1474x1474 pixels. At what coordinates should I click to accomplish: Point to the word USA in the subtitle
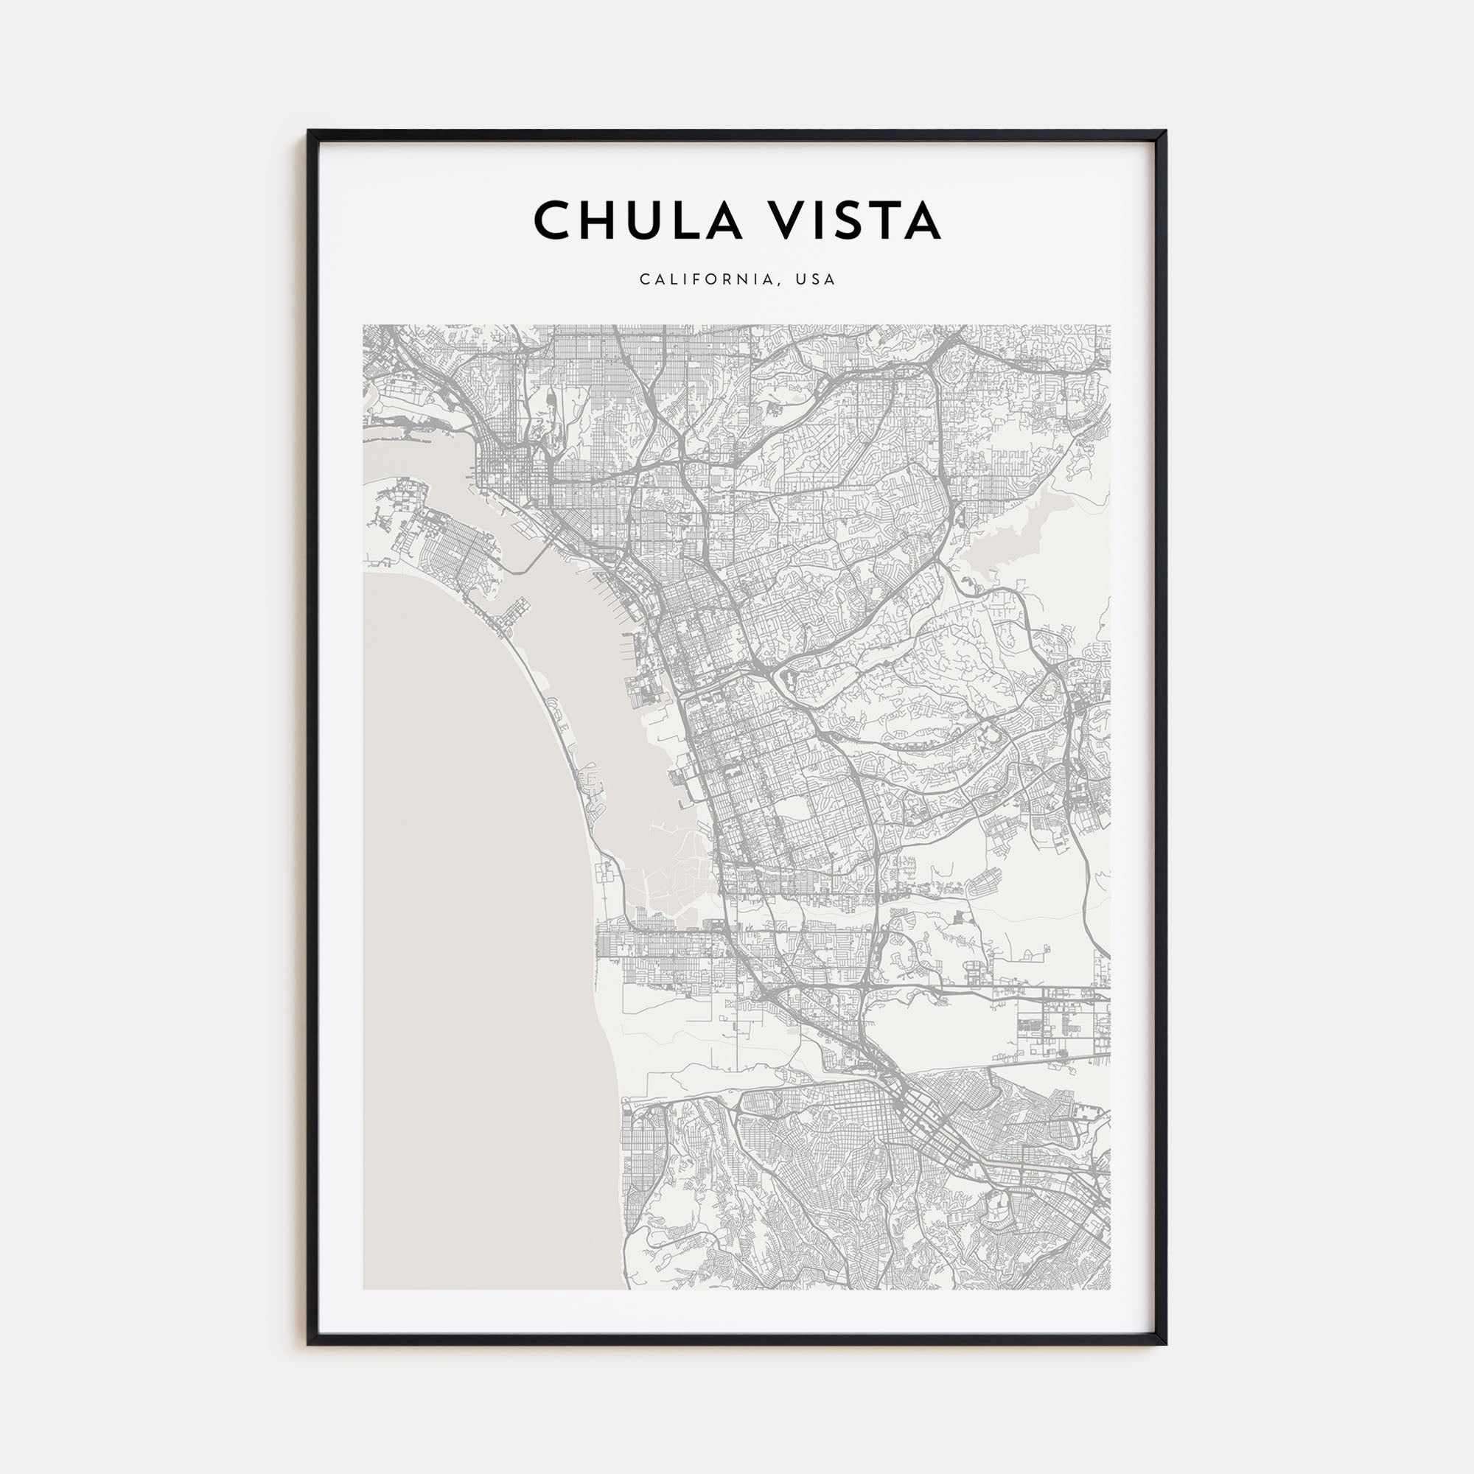point(817,280)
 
